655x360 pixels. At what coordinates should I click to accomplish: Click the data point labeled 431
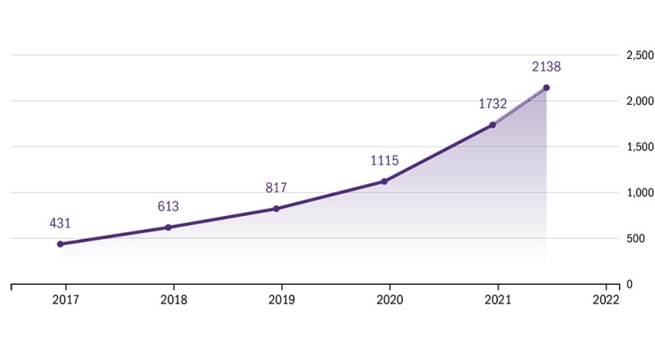61,244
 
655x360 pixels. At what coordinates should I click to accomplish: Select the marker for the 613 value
168,227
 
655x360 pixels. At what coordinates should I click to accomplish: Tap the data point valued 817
276,209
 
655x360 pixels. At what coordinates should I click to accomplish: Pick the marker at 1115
384,181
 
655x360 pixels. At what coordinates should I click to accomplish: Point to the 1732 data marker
492,124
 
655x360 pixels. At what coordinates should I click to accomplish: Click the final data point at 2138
546,88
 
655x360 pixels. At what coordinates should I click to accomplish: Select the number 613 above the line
168,206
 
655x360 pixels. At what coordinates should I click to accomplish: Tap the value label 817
276,188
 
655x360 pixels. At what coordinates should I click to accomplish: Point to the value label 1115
384,160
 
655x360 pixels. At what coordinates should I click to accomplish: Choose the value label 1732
493,104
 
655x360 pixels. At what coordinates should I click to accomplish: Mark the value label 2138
546,67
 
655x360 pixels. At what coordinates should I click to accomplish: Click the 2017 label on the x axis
65,300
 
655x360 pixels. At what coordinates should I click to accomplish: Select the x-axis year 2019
282,300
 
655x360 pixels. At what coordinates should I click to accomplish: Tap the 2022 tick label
606,300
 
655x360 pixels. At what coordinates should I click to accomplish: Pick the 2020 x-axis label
390,300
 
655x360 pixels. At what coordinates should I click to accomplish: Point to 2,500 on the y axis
639,55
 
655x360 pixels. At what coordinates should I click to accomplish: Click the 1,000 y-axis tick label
639,192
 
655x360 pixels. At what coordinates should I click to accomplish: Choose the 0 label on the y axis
629,284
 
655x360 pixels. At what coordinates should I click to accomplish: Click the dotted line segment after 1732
519,106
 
